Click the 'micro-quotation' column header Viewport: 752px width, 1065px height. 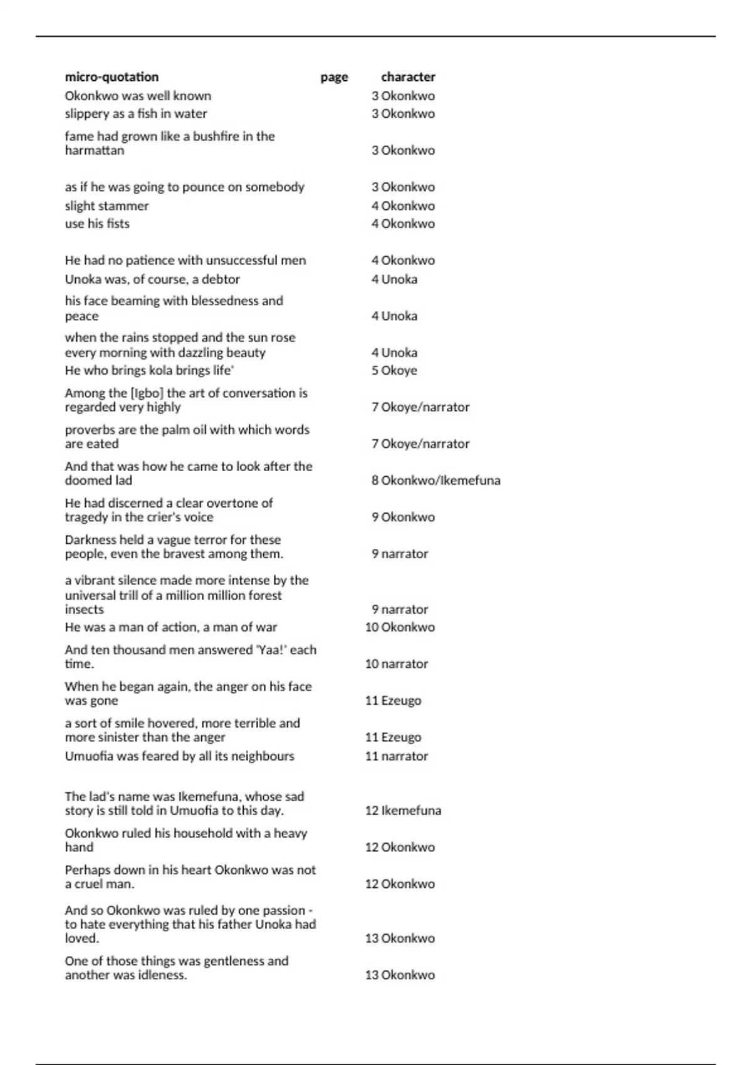pos(112,77)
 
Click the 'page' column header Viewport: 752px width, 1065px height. pos(334,77)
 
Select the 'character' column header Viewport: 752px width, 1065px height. pos(408,77)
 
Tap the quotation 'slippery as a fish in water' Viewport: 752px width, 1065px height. pos(135,113)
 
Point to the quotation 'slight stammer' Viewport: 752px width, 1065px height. pos(107,205)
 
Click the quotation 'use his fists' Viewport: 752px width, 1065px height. pos(97,224)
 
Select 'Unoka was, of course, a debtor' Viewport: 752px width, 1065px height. pos(152,279)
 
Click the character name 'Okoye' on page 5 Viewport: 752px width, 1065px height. pos(399,370)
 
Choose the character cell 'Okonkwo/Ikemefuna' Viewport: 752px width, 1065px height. pos(441,481)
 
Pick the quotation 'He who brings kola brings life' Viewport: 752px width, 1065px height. pos(149,370)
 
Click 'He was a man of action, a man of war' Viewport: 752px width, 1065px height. pos(170,627)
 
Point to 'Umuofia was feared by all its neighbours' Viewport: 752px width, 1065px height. pos(179,756)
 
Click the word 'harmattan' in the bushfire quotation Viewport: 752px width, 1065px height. pos(95,150)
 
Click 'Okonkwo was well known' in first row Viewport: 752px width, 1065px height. pos(138,96)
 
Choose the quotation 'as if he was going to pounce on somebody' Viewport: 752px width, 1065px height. pos(184,187)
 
